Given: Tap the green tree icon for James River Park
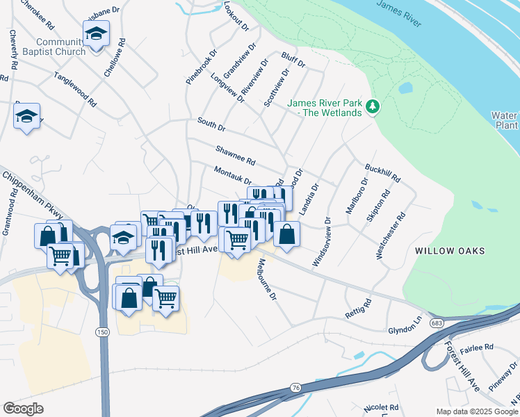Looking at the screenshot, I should pos(374,106).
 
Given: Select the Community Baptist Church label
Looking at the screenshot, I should pos(53,46).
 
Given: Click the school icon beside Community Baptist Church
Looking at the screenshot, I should pos(97,33).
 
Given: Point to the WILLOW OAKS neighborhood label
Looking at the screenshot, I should pos(450,251).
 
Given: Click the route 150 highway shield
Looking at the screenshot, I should pos(103,333).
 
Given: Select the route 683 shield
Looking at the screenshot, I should pos(437,323).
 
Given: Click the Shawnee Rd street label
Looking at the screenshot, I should pos(236,156).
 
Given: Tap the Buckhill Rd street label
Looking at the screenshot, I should pos(383,173).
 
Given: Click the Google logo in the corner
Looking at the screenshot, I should pos(23,409).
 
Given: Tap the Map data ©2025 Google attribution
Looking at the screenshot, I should pos(476,411).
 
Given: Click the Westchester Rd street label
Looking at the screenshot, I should pos(389,236).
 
